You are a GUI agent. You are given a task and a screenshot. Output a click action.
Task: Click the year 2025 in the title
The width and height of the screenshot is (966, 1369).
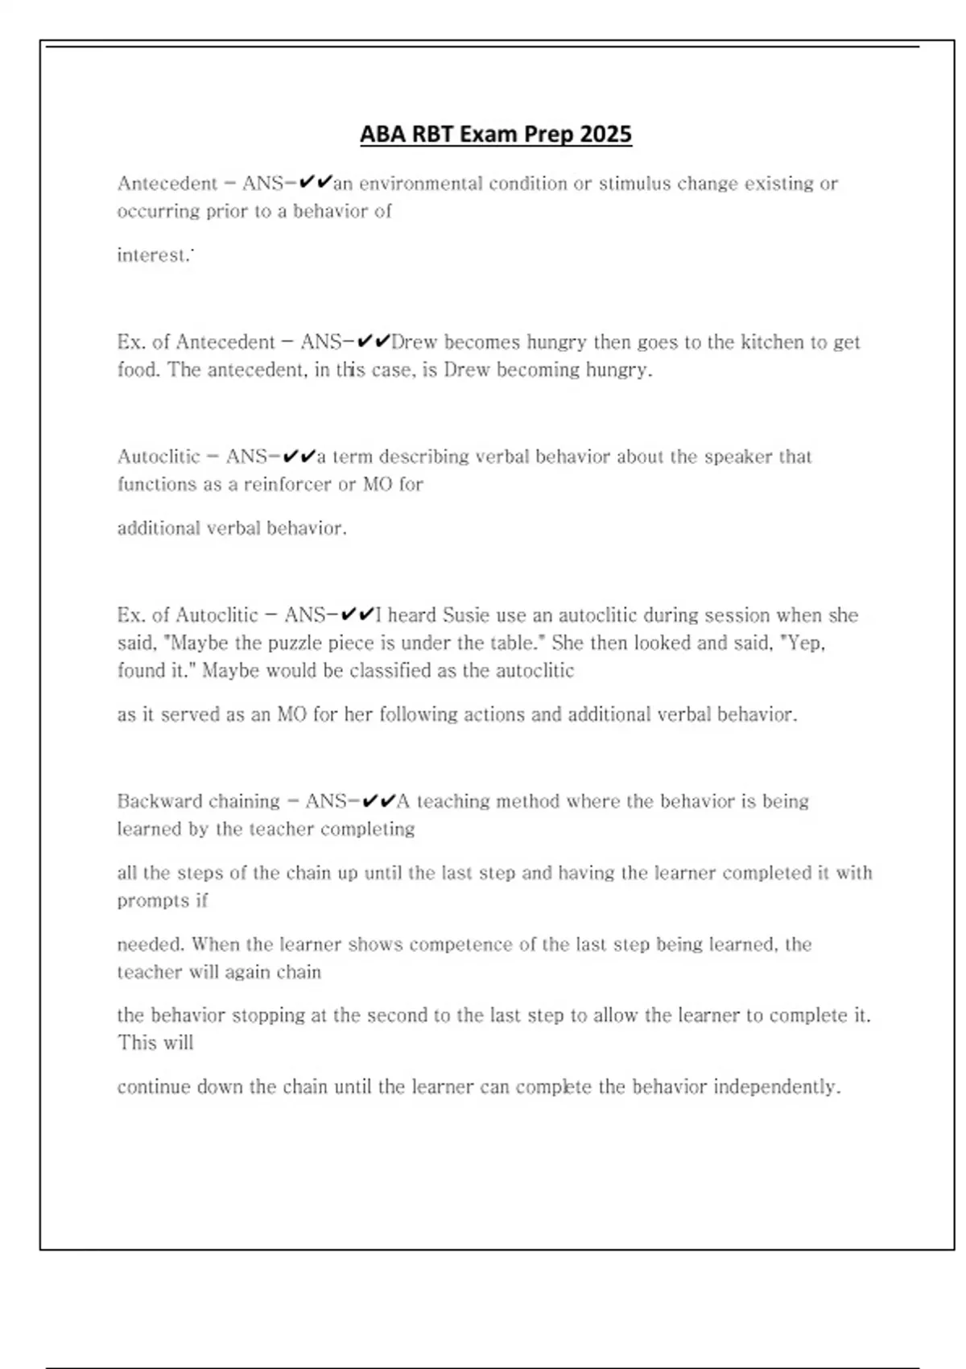click(605, 134)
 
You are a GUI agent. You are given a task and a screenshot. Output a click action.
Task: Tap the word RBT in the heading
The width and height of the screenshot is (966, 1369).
click(432, 134)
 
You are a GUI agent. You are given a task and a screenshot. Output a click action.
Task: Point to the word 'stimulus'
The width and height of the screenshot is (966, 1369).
click(634, 184)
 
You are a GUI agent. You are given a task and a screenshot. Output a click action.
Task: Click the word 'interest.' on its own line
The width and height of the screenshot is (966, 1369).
click(154, 255)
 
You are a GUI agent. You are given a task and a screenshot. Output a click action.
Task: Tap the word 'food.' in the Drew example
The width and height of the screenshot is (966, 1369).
click(138, 370)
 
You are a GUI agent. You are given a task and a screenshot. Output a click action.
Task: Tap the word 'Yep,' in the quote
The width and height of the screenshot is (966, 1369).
click(804, 643)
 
